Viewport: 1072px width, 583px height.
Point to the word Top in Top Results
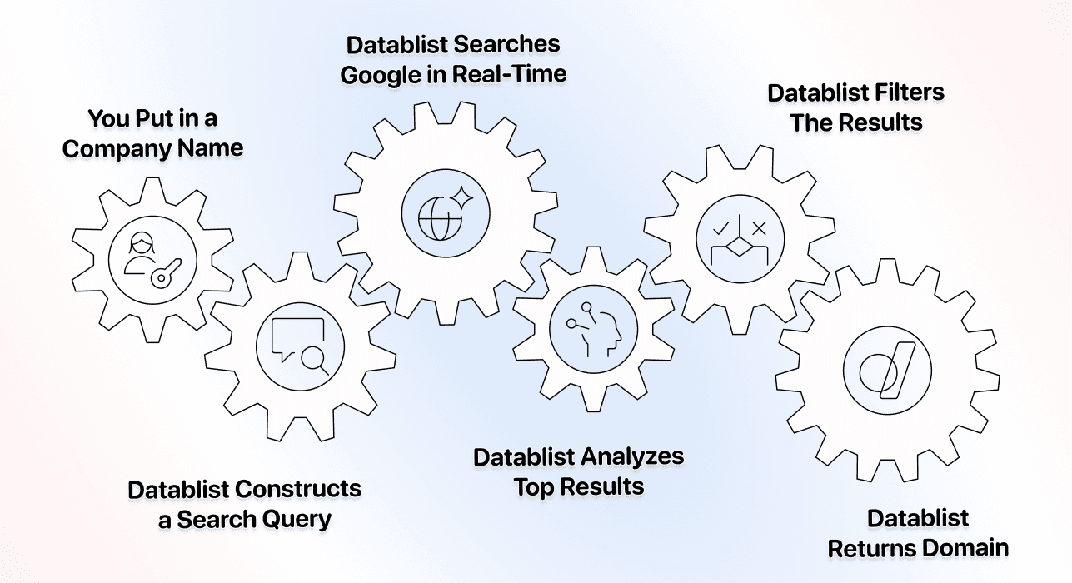coord(530,486)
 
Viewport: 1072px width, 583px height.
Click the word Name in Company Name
coord(214,149)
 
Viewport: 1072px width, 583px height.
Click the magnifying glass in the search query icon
coord(314,359)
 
